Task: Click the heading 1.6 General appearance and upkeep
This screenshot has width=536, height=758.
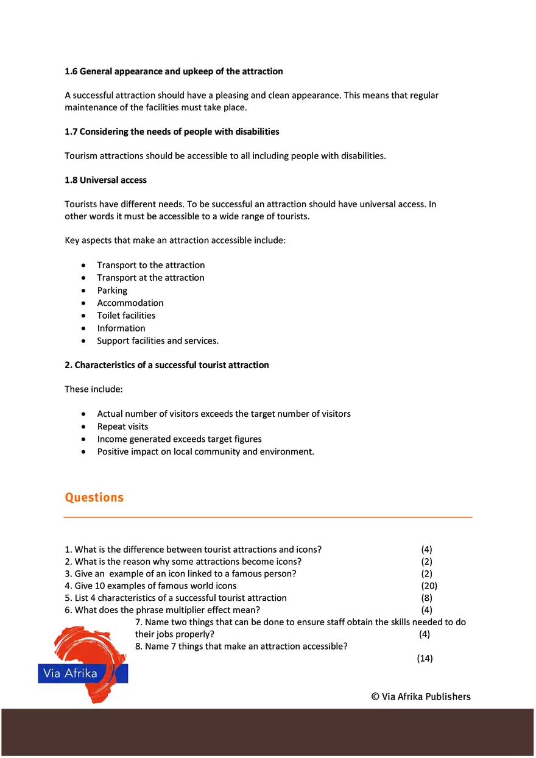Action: pos(174,71)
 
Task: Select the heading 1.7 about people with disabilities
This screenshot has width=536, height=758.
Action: pos(172,132)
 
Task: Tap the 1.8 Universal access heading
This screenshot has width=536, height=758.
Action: pos(105,180)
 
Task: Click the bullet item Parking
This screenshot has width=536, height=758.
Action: pos(112,290)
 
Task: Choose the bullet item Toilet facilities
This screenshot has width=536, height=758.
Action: pos(126,315)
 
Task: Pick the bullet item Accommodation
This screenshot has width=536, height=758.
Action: pos(130,303)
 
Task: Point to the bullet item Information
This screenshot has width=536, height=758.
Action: pos(121,328)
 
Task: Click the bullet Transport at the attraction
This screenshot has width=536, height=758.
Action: pos(150,277)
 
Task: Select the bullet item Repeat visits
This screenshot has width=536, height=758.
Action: pos(122,427)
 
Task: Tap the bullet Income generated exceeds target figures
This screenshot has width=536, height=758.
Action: pos(179,439)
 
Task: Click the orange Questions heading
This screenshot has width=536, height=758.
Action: pos(94,497)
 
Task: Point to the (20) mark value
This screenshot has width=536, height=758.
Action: pos(429,586)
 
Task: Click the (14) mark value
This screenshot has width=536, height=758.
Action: pos(425,658)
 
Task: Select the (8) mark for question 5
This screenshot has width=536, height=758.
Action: pos(426,598)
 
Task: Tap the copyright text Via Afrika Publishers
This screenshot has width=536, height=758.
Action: pos(421,696)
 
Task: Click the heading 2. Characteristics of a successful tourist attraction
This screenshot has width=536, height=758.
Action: pos(166,365)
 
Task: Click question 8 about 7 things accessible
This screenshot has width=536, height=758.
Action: pos(241,646)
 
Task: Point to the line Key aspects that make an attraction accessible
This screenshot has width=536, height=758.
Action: pos(175,240)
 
